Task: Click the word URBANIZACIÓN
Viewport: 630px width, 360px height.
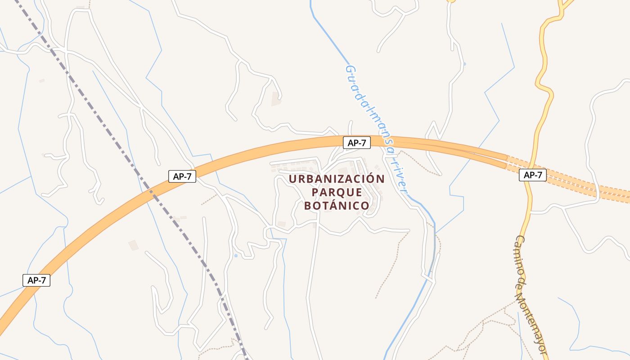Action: (x=337, y=179)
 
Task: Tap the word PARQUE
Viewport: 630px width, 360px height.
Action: (x=337, y=192)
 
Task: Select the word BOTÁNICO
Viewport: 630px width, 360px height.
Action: (x=337, y=206)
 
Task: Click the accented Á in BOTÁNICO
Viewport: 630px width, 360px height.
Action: (x=328, y=206)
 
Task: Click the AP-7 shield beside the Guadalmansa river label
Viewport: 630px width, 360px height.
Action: (x=357, y=143)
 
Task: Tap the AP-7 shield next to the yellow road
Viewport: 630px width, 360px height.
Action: (x=533, y=175)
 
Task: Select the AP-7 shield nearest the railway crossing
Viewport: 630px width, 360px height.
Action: (x=182, y=176)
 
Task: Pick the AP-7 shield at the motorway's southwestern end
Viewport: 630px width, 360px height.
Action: (x=36, y=280)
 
